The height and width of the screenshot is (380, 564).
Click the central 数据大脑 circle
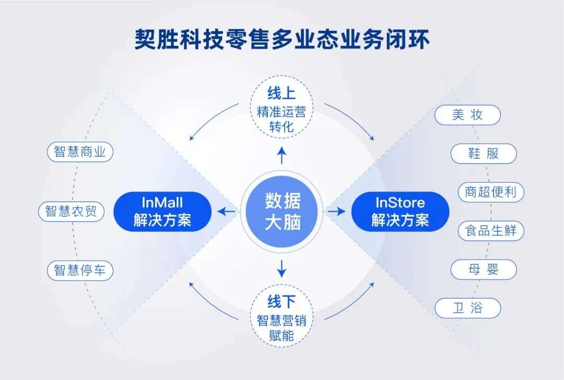tap(282, 211)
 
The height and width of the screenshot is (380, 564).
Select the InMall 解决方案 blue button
tap(162, 211)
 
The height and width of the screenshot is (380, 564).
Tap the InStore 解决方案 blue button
tap(401, 211)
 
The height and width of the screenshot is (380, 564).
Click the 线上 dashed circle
tap(281, 107)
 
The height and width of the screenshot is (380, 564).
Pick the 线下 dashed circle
tap(281, 316)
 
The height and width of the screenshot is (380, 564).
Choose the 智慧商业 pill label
tap(80, 152)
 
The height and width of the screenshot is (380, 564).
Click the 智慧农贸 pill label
tap(71, 211)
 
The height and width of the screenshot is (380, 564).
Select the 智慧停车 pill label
tap(80, 270)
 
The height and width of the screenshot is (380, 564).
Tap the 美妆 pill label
tap(467, 115)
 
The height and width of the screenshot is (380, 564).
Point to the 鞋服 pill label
tap(484, 153)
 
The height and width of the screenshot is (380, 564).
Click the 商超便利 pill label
tap(491, 192)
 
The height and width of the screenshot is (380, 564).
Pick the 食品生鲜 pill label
tap(491, 231)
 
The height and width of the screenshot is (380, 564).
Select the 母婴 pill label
tap(484, 269)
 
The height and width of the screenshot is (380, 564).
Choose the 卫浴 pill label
tap(467, 308)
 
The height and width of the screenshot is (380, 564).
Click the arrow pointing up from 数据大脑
tap(281, 156)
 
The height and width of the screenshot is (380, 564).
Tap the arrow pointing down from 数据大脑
tap(281, 268)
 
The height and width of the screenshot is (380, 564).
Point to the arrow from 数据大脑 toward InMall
tap(227, 211)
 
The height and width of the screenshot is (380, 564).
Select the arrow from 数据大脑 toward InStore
tap(336, 211)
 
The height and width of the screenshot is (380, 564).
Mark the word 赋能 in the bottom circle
tap(281, 336)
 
